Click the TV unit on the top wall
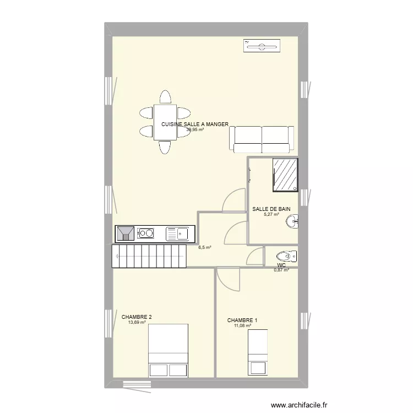click(262, 46)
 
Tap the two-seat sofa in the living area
click(262, 139)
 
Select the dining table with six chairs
click(164, 122)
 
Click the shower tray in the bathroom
click(285, 175)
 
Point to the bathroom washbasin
click(292, 222)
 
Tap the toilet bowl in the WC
click(285, 256)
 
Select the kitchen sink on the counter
click(177, 234)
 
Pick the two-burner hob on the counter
click(146, 233)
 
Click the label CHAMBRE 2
click(137, 317)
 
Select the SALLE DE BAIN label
click(271, 209)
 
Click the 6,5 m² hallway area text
click(204, 248)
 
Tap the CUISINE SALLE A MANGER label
click(195, 124)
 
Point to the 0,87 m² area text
click(281, 270)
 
